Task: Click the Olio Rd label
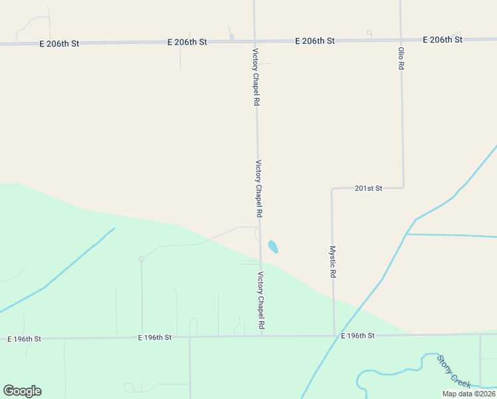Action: pyautogui.click(x=401, y=59)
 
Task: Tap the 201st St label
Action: pyautogui.click(x=368, y=189)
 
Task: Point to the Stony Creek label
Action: pyautogui.click(x=454, y=372)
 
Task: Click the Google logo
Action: pyautogui.click(x=22, y=391)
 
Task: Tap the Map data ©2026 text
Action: pyautogui.click(x=468, y=394)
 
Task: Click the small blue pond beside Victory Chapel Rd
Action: pyautogui.click(x=272, y=247)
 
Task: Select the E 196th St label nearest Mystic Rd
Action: pyautogui.click(x=358, y=336)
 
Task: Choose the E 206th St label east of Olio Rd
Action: pyautogui.click(x=442, y=40)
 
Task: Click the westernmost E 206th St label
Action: pyautogui.click(x=59, y=44)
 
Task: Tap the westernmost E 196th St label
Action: pyautogui.click(x=25, y=339)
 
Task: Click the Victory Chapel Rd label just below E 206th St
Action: pyautogui.click(x=255, y=77)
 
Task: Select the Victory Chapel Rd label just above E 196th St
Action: pyautogui.click(x=261, y=301)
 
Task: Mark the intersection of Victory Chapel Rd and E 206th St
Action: pyautogui.click(x=254, y=41)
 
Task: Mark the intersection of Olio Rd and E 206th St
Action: pyautogui.click(x=401, y=40)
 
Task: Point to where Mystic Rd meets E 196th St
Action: pyautogui.click(x=334, y=336)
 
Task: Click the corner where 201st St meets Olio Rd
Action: pyautogui.click(x=403, y=188)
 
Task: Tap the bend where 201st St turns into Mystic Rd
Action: pyautogui.click(x=332, y=190)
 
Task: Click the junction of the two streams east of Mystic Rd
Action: pyautogui.click(x=407, y=233)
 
